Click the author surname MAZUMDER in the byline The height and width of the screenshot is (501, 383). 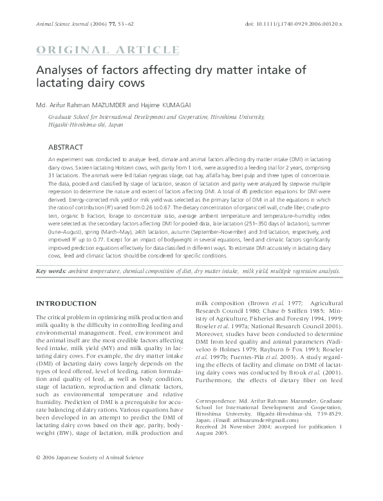pos(115,105)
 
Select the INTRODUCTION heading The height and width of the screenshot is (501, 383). pos(66,303)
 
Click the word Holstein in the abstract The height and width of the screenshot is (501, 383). pos(108,166)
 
